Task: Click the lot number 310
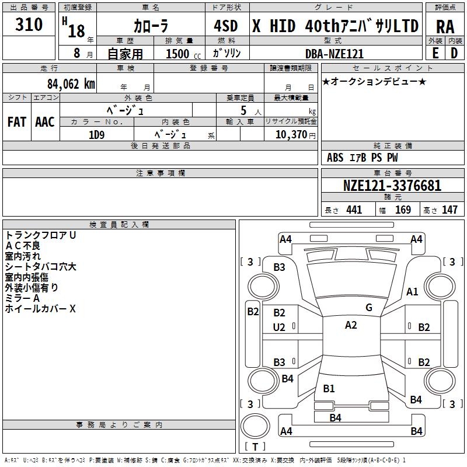point(29,25)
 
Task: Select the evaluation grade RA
point(445,27)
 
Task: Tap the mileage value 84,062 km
point(71,83)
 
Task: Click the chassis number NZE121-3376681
point(392,186)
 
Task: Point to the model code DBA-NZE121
point(334,54)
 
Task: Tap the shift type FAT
point(17,122)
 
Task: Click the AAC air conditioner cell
point(45,122)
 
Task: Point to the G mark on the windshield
point(368,308)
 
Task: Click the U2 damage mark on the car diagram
point(279,327)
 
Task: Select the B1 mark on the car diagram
point(329,389)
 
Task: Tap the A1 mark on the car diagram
point(412,292)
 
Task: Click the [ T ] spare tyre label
point(255,447)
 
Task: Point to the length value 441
point(354,210)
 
